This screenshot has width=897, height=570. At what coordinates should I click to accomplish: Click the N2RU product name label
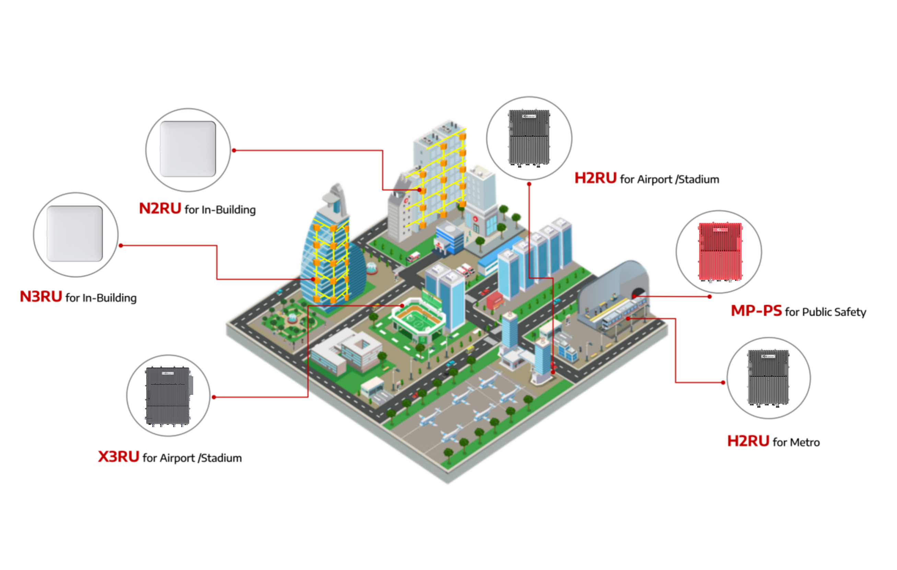tap(160, 209)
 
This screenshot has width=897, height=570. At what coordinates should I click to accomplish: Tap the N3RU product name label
tap(40, 297)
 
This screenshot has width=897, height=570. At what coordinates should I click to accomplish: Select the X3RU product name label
tap(118, 456)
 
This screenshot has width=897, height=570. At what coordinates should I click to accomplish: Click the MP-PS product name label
tap(756, 311)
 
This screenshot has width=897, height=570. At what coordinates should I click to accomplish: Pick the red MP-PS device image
tap(720, 252)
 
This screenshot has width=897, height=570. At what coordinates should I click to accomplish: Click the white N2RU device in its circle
tap(188, 149)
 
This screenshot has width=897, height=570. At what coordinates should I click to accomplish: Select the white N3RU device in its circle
tap(74, 234)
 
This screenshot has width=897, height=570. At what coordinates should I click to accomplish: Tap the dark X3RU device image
tap(168, 396)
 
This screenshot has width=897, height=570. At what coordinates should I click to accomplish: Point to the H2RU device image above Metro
tap(768, 378)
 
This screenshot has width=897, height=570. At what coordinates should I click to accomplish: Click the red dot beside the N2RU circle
tap(234, 151)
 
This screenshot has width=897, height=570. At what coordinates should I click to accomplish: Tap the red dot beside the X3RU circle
tap(214, 397)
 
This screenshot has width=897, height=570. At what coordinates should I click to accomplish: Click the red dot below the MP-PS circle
tap(710, 297)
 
